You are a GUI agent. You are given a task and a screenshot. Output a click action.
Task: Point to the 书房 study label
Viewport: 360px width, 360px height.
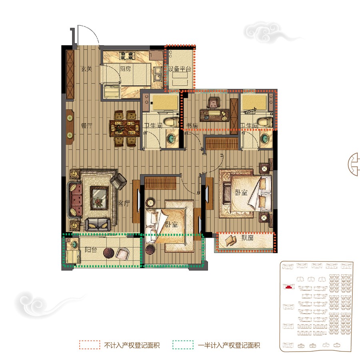coord(192,126)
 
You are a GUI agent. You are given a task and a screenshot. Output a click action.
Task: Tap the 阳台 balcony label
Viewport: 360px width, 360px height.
coord(91,250)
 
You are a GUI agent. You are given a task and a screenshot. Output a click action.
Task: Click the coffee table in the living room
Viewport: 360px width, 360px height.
coord(98,198)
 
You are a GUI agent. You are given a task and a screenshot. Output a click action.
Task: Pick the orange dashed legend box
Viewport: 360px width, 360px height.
coord(89,345)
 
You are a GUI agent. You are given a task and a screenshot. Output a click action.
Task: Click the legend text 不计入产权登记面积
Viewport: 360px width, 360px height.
coord(132,345)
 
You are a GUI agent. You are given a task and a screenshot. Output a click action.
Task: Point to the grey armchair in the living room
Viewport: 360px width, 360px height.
coord(118,181)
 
